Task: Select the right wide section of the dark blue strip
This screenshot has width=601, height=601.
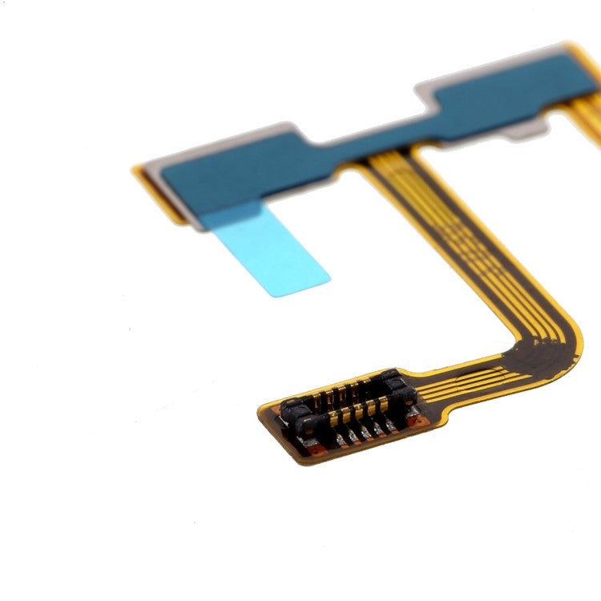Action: tap(513, 88)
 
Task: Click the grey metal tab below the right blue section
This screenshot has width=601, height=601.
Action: tap(529, 128)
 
